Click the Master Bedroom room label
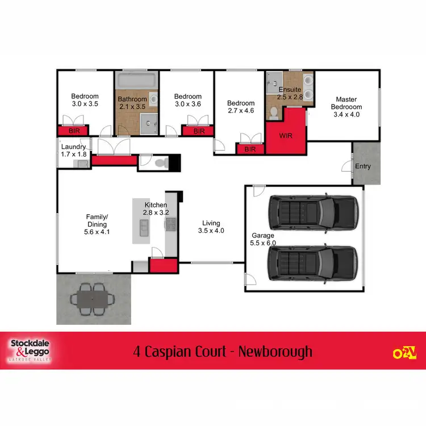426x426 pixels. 346,106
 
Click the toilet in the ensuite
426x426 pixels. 274,113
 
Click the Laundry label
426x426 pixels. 73,147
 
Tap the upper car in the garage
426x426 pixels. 314,213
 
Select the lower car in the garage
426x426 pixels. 314,264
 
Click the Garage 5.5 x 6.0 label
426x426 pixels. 264,239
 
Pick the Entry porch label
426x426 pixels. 362,166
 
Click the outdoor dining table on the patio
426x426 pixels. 92,298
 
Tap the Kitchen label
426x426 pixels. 156,204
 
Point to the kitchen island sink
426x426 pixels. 143,227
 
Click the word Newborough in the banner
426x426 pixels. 275,352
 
